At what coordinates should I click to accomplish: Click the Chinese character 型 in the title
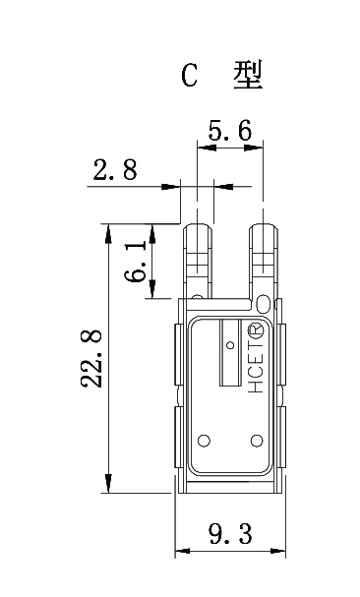249,76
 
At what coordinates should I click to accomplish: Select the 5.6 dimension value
229,130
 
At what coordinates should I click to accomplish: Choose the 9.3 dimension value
231,534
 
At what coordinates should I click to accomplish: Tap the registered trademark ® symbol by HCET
259,328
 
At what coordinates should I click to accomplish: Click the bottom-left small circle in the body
205,440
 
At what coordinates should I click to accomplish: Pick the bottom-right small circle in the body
256,440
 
